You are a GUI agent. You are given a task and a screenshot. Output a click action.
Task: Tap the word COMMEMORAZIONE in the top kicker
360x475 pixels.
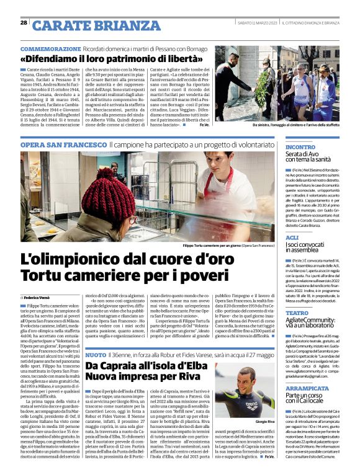(x=50, y=48)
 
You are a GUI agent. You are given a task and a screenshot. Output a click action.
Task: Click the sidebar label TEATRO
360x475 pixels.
(x=296, y=314)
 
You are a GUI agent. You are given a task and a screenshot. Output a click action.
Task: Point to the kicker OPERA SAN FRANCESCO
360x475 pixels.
(x=63, y=144)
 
